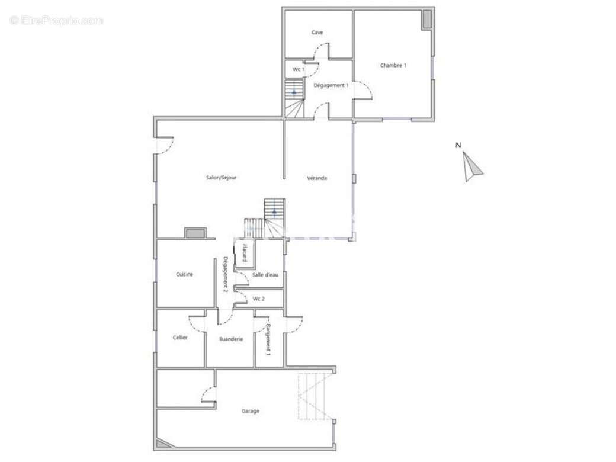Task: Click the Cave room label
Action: pos(317,32)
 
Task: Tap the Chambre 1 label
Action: pos(393,65)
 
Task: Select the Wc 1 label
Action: pos(299,69)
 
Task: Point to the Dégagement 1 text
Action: pos(331,85)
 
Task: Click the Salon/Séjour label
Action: pos(221,178)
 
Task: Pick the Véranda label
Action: pos(317,178)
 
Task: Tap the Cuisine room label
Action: pos(184,274)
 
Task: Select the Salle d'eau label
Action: pos(265,275)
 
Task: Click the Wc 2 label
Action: pos(258,299)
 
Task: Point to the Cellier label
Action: pos(180,338)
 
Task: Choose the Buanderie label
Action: pos(231,339)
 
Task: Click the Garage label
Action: pos(250,411)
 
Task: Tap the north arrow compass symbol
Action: pos(472,167)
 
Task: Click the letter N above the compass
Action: pos(458,145)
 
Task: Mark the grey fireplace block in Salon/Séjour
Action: pos(195,234)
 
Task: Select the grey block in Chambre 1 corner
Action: pos(426,20)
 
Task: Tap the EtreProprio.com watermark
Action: pos(57,20)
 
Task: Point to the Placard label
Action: pos(245,252)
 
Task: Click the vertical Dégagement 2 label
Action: pos(225,274)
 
